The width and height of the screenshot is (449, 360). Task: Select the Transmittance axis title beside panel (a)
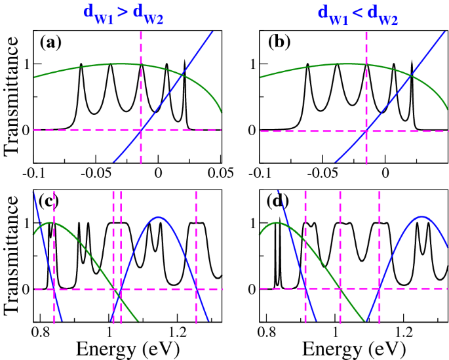(13, 97)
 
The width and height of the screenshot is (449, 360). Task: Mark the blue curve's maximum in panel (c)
(159, 217)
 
